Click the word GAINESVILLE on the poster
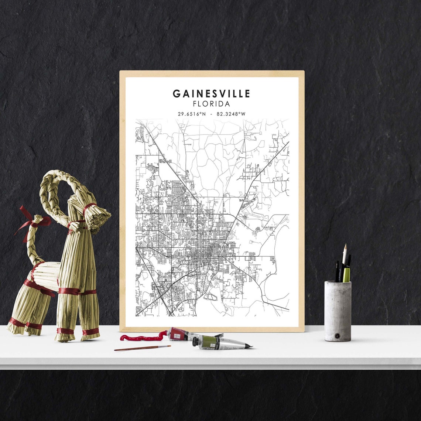pyautogui.click(x=211, y=94)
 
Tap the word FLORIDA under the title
pyautogui.click(x=211, y=104)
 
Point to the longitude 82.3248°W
pyautogui.click(x=231, y=114)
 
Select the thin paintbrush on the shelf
pyautogui.click(x=142, y=348)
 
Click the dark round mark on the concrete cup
pyautogui.click(x=337, y=336)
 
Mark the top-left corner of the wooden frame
pyautogui.click(x=120, y=72)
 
